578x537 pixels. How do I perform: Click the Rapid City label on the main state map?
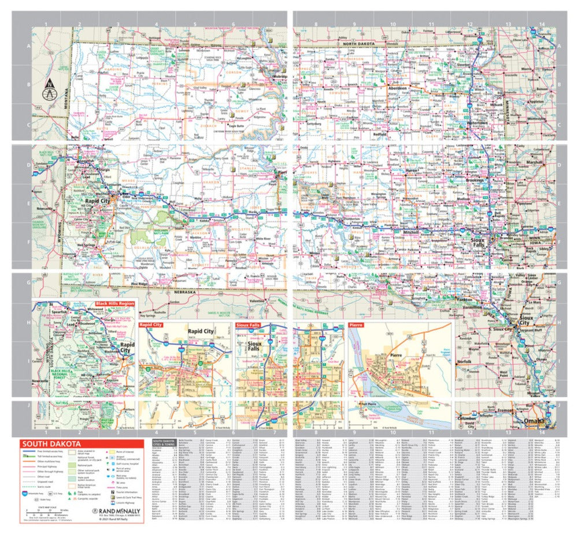point(97,200)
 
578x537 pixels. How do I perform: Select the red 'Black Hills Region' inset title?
point(115,303)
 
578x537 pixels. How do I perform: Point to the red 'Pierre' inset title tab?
point(356,326)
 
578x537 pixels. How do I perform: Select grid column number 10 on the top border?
point(392,24)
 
